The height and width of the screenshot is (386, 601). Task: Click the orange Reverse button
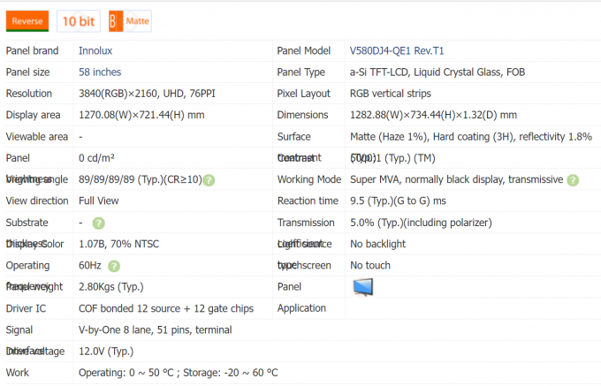pos(28,20)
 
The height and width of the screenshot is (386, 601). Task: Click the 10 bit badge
pos(79,20)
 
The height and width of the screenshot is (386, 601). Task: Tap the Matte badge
pos(130,20)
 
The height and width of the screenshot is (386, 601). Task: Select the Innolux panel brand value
pos(95,51)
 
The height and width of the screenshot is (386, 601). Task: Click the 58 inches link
pos(100,72)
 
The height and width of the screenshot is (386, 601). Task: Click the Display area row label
pos(33,115)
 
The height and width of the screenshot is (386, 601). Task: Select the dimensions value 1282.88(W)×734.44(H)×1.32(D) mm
pos(433,115)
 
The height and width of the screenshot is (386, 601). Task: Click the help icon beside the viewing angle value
pos(209,180)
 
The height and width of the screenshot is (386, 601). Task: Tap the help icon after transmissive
pos(573,180)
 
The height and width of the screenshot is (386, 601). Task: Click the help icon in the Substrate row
pos(98,223)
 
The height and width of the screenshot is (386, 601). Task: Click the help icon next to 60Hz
pos(114,266)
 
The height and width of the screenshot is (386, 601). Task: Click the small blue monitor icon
pos(362,287)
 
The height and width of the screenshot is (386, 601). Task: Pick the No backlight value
pos(377,244)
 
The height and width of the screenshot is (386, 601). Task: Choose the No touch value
pos(370,265)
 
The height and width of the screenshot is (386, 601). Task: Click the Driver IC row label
pos(27,308)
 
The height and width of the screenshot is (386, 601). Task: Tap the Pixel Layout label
pos(306,94)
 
